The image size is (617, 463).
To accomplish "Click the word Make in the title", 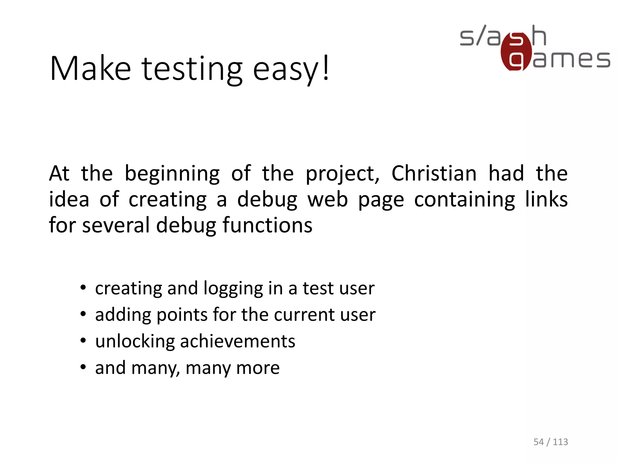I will (x=90, y=69).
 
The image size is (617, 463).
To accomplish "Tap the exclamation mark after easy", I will (x=325, y=68).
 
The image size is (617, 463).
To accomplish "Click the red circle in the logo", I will (x=516, y=52).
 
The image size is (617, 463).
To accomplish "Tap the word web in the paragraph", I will (x=327, y=200).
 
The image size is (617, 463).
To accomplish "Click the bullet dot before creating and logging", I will (x=83, y=287).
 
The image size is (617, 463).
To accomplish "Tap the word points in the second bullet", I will (x=182, y=315).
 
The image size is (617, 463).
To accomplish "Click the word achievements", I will (x=237, y=341).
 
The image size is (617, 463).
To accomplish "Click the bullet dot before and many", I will (x=83, y=367).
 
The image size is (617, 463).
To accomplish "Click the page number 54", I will (x=538, y=442).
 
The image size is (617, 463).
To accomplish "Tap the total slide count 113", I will (x=560, y=442).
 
